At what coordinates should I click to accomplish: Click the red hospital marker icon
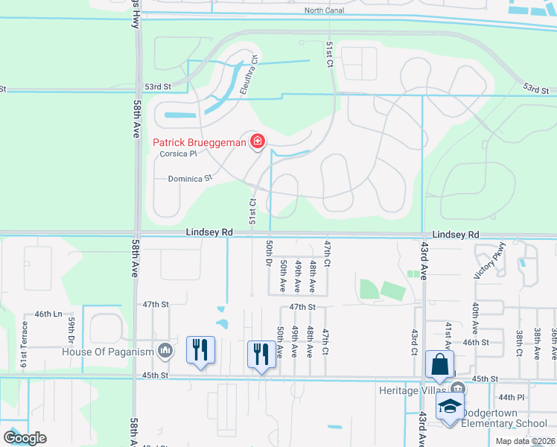[258, 141]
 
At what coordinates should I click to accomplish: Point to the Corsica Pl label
[178, 154]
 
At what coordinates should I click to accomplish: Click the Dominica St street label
[190, 178]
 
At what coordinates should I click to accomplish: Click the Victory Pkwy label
[490, 261]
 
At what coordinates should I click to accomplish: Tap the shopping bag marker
[439, 365]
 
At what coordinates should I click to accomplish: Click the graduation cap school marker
[450, 407]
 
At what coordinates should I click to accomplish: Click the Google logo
[25, 438]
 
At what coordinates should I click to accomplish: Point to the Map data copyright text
[524, 441]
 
